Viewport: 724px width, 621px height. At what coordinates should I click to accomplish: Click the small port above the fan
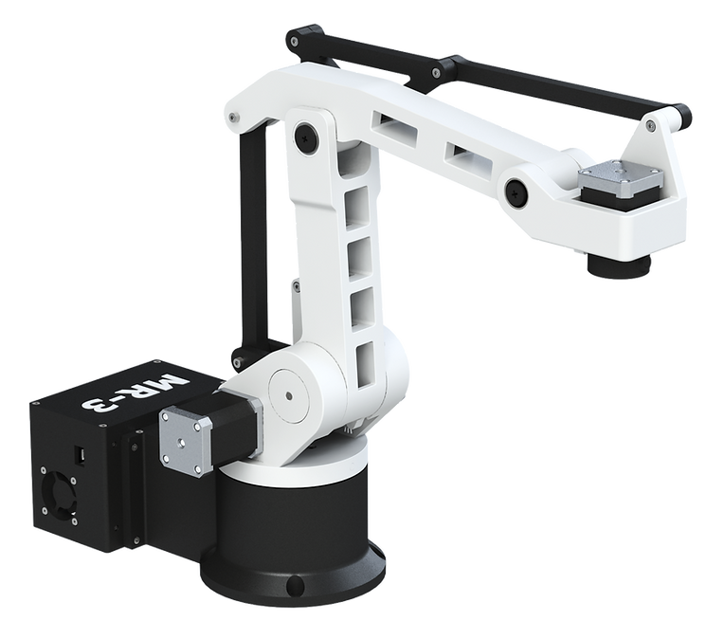[x=81, y=456]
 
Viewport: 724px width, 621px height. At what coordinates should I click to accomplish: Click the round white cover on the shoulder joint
[x=288, y=395]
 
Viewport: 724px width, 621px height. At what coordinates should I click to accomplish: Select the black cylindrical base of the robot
[x=293, y=536]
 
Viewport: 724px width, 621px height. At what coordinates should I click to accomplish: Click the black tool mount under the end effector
[x=619, y=265]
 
